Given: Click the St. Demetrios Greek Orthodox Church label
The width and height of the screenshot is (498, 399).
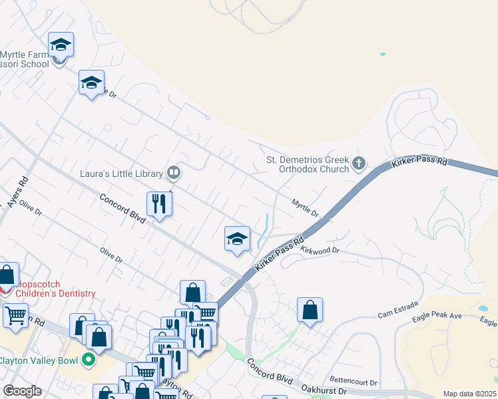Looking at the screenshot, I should coord(308,164).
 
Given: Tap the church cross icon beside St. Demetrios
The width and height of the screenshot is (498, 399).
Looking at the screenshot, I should coord(359,163).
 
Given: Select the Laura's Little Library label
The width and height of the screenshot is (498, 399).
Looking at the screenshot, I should coord(121,174).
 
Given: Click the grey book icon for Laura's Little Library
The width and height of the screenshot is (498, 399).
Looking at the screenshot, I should coord(173,174).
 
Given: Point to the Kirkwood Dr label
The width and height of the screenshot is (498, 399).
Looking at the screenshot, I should coord(320,251).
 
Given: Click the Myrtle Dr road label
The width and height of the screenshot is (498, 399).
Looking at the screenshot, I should coord(306,207).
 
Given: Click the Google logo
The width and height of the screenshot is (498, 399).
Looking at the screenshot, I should coord(22,391).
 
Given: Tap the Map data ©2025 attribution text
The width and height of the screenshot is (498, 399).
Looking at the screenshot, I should coord(470,394).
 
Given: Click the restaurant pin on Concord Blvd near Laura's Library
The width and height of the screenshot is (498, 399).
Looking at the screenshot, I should coord(159,203).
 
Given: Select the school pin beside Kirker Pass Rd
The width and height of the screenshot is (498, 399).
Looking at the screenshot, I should coord(237,239).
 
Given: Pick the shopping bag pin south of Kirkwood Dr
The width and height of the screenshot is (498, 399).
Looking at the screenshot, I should coord(310,310).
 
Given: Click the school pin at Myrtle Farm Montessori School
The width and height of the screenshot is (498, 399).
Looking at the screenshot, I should coord(61,45).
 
